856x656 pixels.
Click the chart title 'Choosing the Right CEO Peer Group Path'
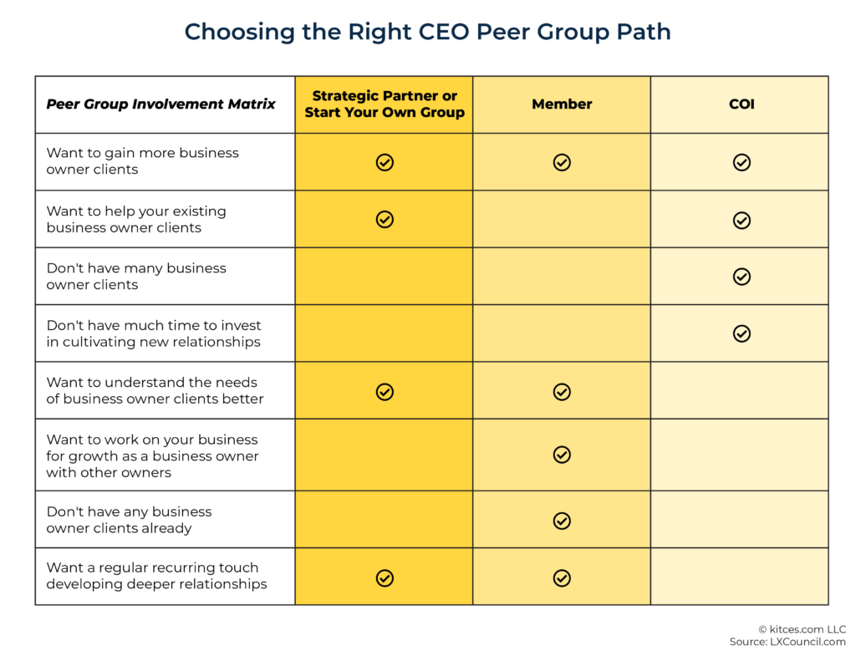point(427,32)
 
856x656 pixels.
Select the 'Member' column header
point(562,104)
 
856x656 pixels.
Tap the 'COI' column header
point(741,104)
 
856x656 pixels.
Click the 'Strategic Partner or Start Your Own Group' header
point(385,104)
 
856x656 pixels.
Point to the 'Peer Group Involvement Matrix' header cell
point(160,104)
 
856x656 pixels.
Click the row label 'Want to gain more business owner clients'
point(142,161)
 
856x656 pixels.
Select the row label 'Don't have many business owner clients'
point(136,277)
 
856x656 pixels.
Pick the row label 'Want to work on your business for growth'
point(152,455)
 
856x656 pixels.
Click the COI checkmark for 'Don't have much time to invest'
point(741,333)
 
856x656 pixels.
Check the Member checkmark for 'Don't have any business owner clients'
point(562,521)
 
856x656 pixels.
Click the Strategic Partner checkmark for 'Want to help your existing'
point(385,219)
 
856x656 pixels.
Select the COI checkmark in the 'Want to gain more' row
point(741,162)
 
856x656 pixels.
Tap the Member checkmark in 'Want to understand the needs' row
point(562,391)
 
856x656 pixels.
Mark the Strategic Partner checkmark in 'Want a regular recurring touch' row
point(385,577)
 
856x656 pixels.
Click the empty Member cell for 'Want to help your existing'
point(562,219)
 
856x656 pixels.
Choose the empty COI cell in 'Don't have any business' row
point(740,520)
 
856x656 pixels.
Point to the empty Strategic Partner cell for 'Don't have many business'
point(385,277)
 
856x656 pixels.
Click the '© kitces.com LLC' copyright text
point(802,629)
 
